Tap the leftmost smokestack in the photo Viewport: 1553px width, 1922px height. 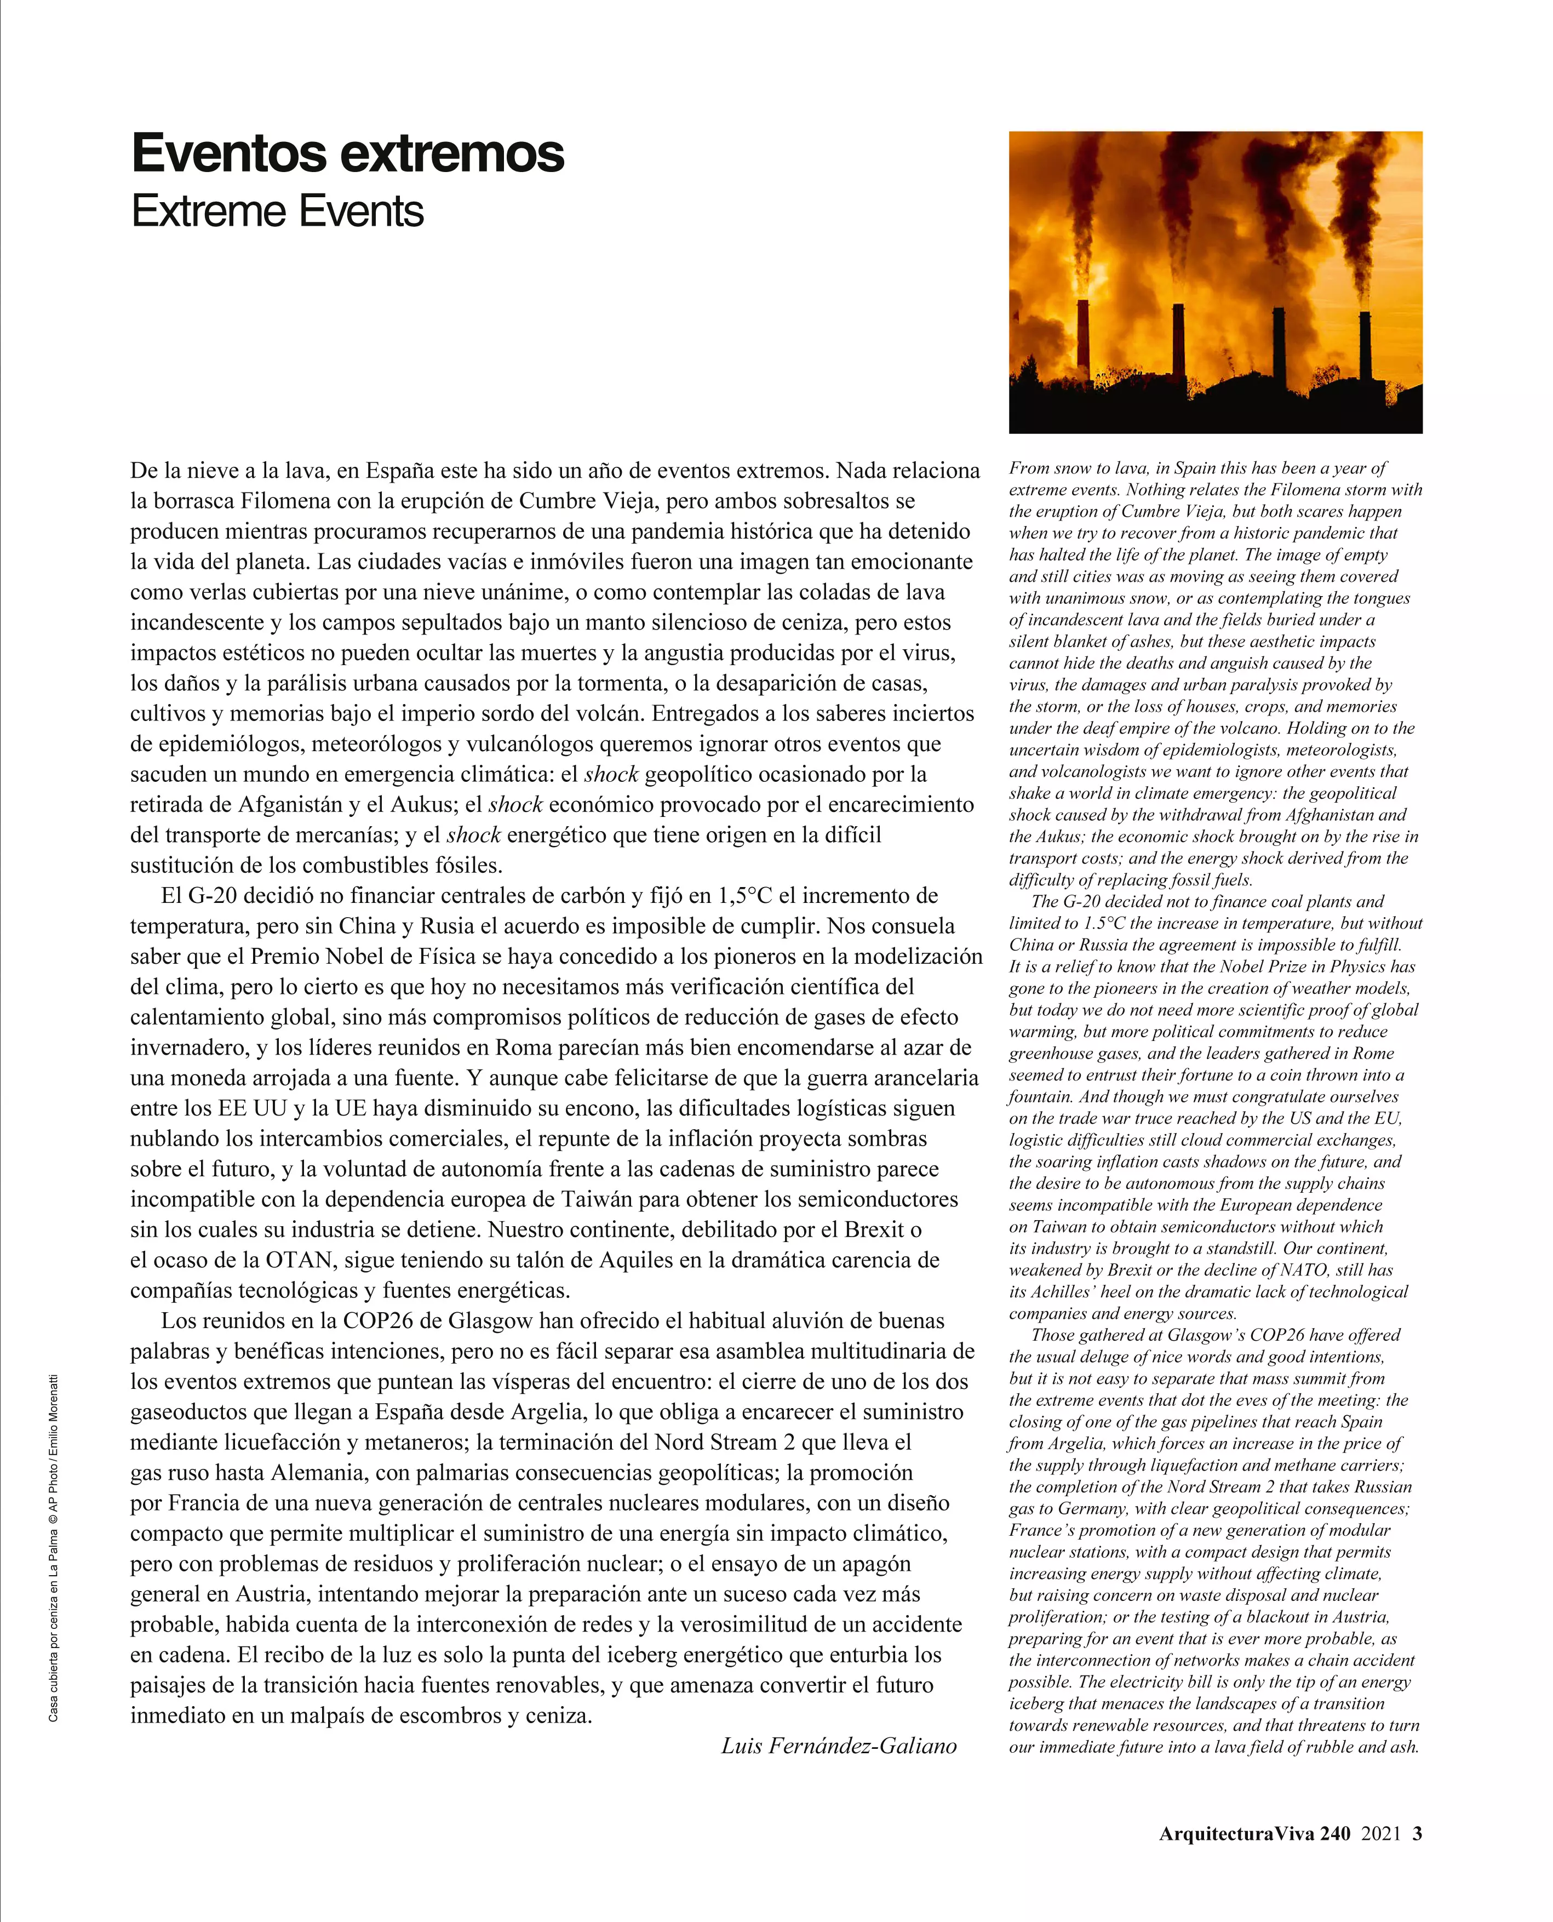pyautogui.click(x=1084, y=340)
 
